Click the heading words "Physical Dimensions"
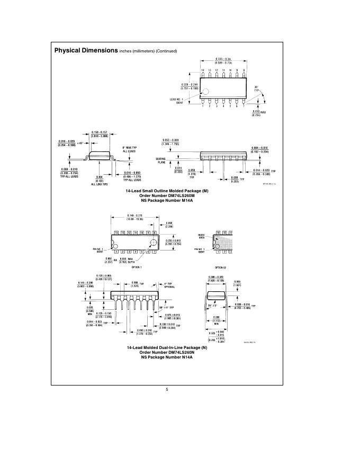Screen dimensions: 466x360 (86, 50)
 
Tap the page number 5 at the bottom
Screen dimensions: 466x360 (167, 390)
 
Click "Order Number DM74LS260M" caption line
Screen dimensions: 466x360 (167, 195)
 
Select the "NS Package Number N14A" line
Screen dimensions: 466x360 (167, 357)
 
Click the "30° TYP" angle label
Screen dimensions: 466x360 (257, 88)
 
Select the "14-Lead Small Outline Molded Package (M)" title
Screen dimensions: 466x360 (167, 190)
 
